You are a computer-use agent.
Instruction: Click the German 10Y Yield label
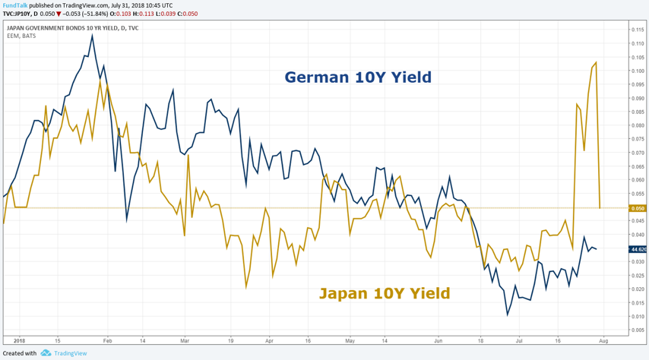pyautogui.click(x=358, y=77)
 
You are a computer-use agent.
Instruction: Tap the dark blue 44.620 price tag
pyautogui.click(x=638, y=249)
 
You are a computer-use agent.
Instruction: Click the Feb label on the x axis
pyautogui.click(x=107, y=342)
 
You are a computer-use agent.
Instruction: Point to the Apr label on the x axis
pyautogui.click(x=267, y=342)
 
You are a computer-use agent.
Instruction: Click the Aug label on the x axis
pyautogui.click(x=604, y=342)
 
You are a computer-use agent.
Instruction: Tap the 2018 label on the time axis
pyautogui.click(x=19, y=342)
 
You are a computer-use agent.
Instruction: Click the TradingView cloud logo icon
pyautogui.click(x=46, y=353)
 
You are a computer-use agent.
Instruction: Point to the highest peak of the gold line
pyautogui.click(x=596, y=63)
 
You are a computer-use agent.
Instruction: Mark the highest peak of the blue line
pyautogui.click(x=92, y=35)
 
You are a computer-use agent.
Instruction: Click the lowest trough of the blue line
pyautogui.click(x=507, y=314)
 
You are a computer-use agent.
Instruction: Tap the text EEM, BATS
pyautogui.click(x=24, y=36)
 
